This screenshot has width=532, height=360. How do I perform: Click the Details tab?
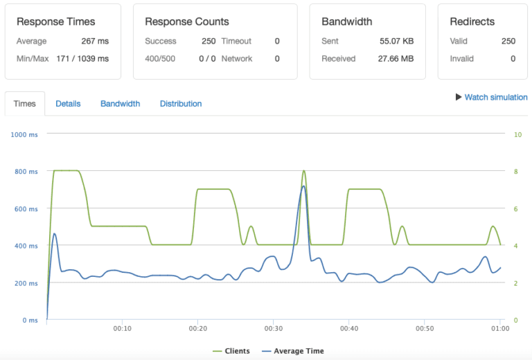point(68,104)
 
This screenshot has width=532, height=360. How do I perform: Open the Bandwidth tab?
point(120,104)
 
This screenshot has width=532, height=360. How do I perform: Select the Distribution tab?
point(181,104)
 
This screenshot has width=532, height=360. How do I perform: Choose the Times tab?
point(25,104)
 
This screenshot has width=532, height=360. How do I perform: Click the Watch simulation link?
point(495,98)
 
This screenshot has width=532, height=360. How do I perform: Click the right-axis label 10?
point(517,134)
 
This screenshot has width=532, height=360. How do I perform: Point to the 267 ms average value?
point(96,42)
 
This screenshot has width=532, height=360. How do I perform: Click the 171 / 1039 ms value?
point(82,59)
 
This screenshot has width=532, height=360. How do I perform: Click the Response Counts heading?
point(187,22)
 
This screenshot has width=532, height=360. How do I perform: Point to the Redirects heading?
point(472,22)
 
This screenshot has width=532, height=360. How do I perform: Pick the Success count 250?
point(209,42)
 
